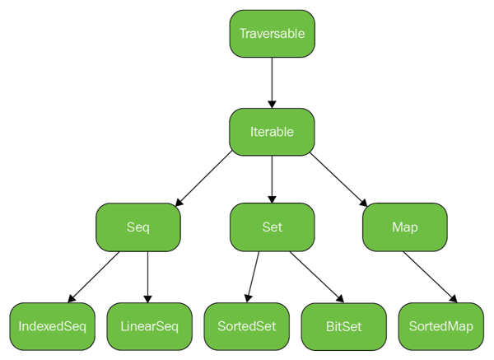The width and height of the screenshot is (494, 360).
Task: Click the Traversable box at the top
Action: tap(272, 34)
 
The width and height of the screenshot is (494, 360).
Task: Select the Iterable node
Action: tap(272, 131)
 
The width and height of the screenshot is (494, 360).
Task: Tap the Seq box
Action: tap(137, 227)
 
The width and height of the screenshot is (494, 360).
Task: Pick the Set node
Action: tap(272, 227)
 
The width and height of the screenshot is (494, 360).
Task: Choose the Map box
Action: tap(405, 227)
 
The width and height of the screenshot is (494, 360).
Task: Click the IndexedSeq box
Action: tap(52, 325)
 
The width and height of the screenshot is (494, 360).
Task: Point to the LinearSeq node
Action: tap(149, 325)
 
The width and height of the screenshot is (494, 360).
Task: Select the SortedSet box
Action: tap(246, 325)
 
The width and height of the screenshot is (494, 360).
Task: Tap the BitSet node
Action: tap(343, 326)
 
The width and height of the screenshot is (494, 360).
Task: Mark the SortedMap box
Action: tap(440, 325)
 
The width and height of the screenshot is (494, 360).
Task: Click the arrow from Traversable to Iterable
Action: tap(272, 82)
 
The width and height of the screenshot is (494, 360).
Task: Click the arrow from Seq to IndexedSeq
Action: tap(95, 276)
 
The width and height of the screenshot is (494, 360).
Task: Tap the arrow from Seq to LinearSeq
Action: tap(148, 276)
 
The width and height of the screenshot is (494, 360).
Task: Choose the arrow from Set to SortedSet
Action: tap(253, 276)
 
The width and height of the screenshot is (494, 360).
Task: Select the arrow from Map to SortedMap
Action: tap(431, 276)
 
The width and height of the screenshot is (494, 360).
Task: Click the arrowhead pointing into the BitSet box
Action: tap(340, 299)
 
